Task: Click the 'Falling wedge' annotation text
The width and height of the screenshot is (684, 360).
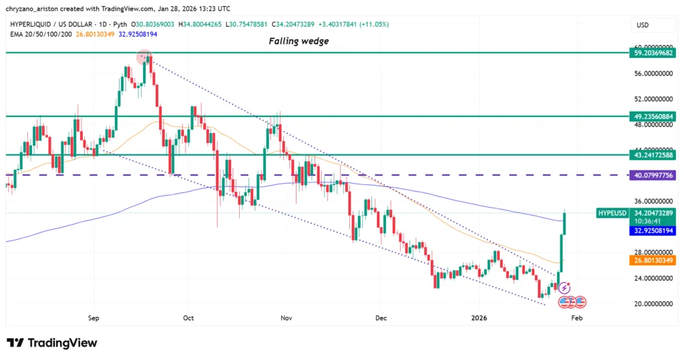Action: [x=299, y=41]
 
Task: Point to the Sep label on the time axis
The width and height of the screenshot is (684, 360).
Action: [x=94, y=318]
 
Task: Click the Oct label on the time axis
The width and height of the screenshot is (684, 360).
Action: [x=188, y=318]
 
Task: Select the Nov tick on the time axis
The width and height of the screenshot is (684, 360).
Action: [x=286, y=318]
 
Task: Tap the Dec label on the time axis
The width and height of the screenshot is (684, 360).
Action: [x=380, y=318]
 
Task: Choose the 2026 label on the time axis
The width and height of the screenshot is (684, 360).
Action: [x=480, y=318]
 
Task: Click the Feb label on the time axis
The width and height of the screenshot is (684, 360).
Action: [x=576, y=318]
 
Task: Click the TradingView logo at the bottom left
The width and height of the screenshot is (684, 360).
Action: [x=52, y=343]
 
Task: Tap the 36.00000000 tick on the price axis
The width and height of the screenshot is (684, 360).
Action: [x=651, y=201]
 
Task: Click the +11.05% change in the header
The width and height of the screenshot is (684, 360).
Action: [x=375, y=25]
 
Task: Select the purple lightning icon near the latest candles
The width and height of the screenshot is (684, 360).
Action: [x=564, y=288]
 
